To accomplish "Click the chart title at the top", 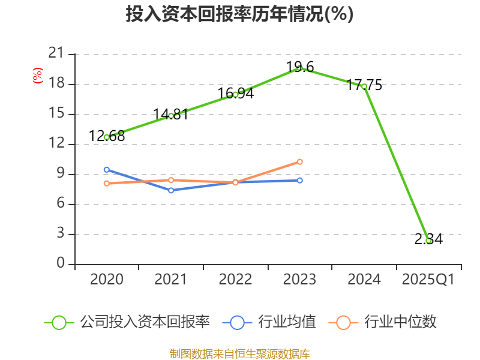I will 239,14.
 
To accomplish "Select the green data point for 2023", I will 299,68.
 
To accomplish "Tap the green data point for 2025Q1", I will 428,241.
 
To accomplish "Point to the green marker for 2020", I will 107,137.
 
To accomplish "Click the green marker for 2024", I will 364,86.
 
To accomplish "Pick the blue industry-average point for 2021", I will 171,190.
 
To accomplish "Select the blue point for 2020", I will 107,170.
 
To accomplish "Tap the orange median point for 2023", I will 299,161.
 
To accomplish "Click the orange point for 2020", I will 107,183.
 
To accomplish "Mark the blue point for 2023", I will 299,180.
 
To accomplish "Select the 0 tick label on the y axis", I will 61,264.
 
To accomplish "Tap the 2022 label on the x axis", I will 235,280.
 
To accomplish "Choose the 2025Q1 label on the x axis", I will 428,280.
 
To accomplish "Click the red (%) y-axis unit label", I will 38,76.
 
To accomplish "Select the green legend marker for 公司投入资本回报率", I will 59,322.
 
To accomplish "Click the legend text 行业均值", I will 287,322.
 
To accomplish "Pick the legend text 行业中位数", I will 401,322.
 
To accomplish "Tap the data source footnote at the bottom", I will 239,353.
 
